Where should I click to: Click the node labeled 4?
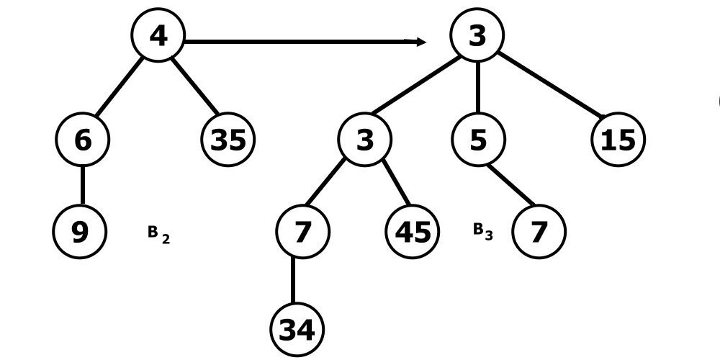tap(158, 35)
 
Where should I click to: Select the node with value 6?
tap(82, 139)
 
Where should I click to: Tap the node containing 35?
tap(228, 139)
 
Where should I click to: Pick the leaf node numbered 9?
tap(80, 231)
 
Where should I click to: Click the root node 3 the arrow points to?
tap(477, 35)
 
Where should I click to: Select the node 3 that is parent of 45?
tap(365, 139)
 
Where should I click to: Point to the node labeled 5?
tap(478, 139)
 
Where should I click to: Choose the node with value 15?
tap(618, 139)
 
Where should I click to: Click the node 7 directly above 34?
tap(302, 231)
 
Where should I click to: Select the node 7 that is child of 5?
tap(539, 231)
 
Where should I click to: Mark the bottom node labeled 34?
tap(297, 330)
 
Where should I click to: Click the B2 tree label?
tap(158, 233)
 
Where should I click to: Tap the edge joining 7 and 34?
tap(294, 281)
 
